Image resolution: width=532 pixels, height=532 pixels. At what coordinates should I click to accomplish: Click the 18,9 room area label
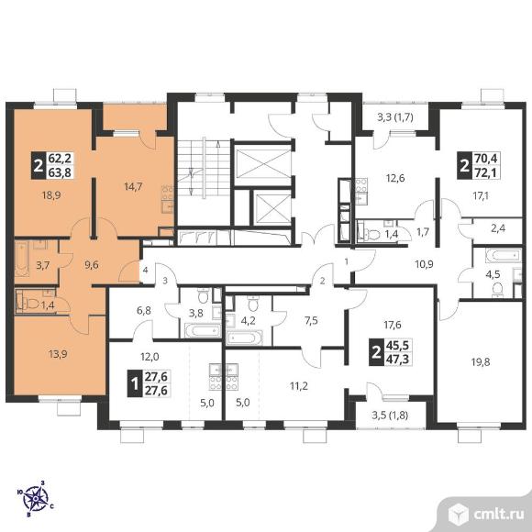[51, 195]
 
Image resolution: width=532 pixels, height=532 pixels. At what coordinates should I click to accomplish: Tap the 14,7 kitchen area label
[133, 186]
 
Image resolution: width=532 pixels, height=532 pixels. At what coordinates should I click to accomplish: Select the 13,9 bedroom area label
[58, 354]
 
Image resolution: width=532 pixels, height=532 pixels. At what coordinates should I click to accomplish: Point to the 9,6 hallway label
[92, 264]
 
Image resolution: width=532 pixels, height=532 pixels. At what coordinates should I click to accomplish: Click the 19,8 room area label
[481, 362]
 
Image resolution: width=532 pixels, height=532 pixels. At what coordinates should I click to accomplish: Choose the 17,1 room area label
[481, 195]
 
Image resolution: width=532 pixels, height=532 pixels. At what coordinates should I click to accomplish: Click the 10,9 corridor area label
[424, 263]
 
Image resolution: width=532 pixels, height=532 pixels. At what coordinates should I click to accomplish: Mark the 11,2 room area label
[299, 386]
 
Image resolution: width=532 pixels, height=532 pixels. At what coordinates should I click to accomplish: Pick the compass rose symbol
[35, 498]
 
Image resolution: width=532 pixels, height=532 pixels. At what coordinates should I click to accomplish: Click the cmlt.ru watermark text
[499, 514]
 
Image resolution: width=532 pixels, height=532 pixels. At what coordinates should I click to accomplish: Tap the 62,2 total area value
[60, 159]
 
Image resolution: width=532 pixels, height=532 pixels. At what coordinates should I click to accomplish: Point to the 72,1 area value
[485, 173]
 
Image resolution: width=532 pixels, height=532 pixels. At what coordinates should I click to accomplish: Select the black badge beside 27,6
[134, 384]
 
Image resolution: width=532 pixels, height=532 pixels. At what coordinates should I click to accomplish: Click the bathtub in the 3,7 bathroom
[22, 259]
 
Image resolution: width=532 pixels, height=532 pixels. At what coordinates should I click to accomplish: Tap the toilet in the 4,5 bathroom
[497, 290]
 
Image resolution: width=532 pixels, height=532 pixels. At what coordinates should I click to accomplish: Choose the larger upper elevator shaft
[263, 163]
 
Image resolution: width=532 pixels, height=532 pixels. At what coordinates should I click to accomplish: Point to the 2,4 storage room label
[498, 228]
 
